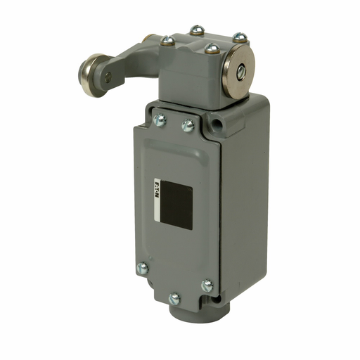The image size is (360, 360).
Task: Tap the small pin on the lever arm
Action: point(108,77)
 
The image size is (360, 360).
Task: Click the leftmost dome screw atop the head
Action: point(167,41)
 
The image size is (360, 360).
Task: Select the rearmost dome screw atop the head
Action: point(196,31)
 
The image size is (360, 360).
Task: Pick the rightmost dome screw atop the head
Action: point(240,37)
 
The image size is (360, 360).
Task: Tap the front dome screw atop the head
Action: point(212,49)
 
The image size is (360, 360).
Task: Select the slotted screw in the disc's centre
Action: point(241,72)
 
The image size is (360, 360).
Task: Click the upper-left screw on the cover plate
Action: point(160,120)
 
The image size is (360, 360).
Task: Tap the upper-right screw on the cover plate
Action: point(188,126)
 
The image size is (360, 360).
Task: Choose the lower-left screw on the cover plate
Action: point(143,268)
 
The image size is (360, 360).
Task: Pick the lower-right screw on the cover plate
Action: point(207,286)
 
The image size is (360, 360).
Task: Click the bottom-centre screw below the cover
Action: point(174,299)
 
